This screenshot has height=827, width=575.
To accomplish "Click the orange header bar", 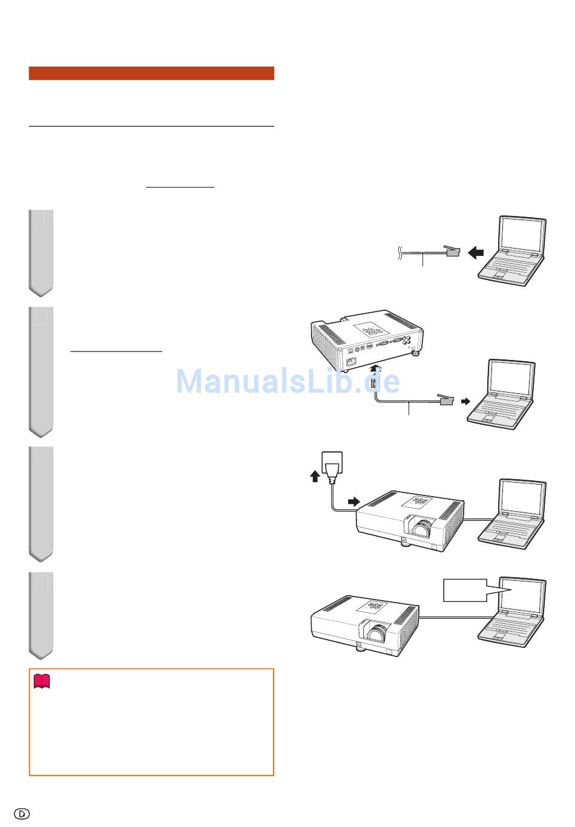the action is (151, 73).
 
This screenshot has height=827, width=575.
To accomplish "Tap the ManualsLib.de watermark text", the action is (288, 381).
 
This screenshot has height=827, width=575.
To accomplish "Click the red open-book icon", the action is (42, 681).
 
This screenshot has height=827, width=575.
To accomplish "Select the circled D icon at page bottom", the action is (22, 813).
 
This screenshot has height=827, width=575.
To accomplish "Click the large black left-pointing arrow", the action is (476, 253).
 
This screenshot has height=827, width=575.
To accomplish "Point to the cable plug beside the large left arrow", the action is (452, 251).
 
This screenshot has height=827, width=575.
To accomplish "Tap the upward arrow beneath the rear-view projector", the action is (375, 368).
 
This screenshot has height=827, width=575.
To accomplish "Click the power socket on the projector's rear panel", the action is (350, 360).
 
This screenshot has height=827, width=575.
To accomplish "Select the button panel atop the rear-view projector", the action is (372, 330).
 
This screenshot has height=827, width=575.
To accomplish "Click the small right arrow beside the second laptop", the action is (466, 401).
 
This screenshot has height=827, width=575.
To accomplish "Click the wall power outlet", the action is (332, 463).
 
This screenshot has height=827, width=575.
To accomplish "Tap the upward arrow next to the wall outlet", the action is (315, 476).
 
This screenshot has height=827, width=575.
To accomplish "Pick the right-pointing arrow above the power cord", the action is (354, 501).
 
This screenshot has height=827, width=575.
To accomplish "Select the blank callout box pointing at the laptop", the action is (465, 590).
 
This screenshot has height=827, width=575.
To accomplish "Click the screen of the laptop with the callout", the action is (522, 595).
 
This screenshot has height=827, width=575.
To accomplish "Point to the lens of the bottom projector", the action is (378, 633).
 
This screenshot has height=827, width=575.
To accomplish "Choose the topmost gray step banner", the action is (41, 253).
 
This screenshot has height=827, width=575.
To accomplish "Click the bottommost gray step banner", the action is (41, 616).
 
